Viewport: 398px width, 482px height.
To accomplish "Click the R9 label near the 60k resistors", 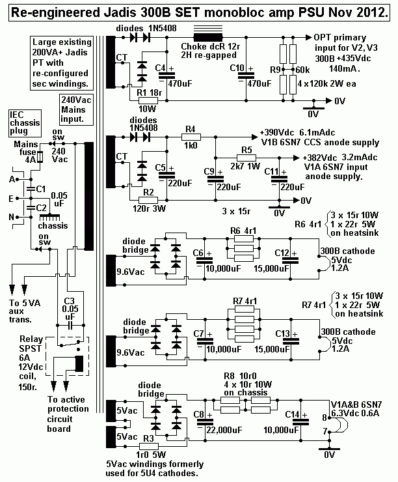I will tap(274, 68).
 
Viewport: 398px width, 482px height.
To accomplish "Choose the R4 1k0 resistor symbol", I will tap(191, 137).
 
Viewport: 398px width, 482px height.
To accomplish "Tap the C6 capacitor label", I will tap(200, 253).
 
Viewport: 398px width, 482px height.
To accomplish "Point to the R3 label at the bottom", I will tap(148, 438).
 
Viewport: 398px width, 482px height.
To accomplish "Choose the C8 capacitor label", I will tap(200, 414).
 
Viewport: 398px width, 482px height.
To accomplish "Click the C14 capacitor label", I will tap(292, 414).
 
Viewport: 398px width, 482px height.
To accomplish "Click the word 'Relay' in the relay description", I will tap(30, 339).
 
